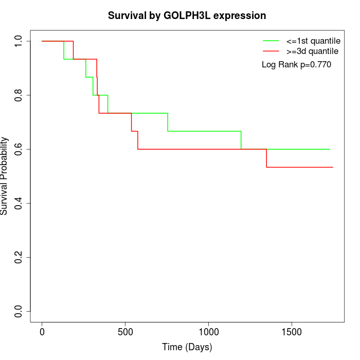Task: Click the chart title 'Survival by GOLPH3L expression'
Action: coord(187,15)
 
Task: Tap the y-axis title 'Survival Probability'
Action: coord(5,176)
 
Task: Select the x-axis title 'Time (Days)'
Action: coord(187,347)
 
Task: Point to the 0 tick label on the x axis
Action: coord(42,332)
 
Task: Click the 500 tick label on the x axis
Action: coord(125,332)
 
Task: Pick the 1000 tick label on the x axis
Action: coord(209,332)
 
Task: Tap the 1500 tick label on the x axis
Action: coord(292,332)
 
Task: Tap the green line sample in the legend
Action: coord(271,41)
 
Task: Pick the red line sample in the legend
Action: coord(271,51)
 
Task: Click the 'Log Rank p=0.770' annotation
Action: coord(296,64)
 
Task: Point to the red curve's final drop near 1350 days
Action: coord(266,158)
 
